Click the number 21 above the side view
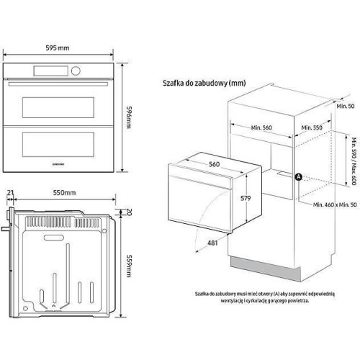(9, 193)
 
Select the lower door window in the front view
(60, 149)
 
